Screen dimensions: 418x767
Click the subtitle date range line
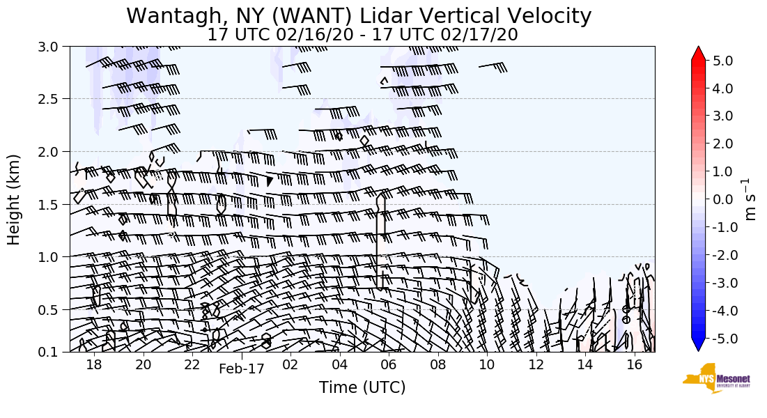[362, 34]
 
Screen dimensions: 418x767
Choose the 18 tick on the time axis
[94, 364]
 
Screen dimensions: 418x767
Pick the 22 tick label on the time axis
[192, 364]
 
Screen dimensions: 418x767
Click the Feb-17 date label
[242, 369]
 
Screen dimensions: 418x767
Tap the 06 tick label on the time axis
[389, 364]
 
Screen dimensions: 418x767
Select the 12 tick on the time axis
[536, 364]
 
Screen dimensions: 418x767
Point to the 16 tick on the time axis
[634, 364]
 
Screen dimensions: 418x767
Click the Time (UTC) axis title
[362, 387]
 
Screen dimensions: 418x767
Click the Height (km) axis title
[14, 199]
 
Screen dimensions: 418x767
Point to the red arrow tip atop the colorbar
[699, 52]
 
